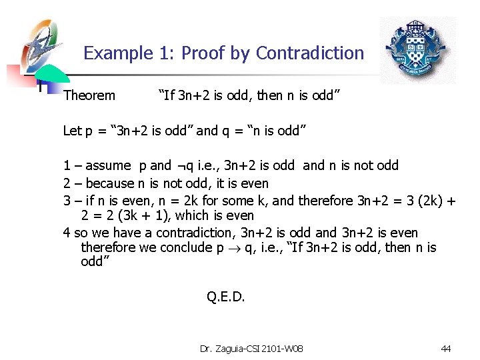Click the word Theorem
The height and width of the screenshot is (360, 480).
tap(89, 96)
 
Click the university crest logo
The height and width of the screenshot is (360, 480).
tap(417, 51)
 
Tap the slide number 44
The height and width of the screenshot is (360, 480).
tap(446, 349)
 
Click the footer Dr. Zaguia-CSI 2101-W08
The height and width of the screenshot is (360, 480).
tap(251, 349)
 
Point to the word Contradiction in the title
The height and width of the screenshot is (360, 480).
tap(310, 53)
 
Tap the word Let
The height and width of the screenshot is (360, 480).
tap(72, 131)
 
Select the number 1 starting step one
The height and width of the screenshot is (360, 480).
tap(67, 166)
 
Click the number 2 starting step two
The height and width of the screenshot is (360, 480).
tap(67, 183)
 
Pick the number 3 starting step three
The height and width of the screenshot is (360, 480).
tap(67, 201)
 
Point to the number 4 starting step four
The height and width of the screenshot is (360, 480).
tap(67, 233)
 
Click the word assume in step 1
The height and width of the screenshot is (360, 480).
tap(109, 166)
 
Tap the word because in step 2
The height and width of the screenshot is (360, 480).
tap(110, 183)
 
